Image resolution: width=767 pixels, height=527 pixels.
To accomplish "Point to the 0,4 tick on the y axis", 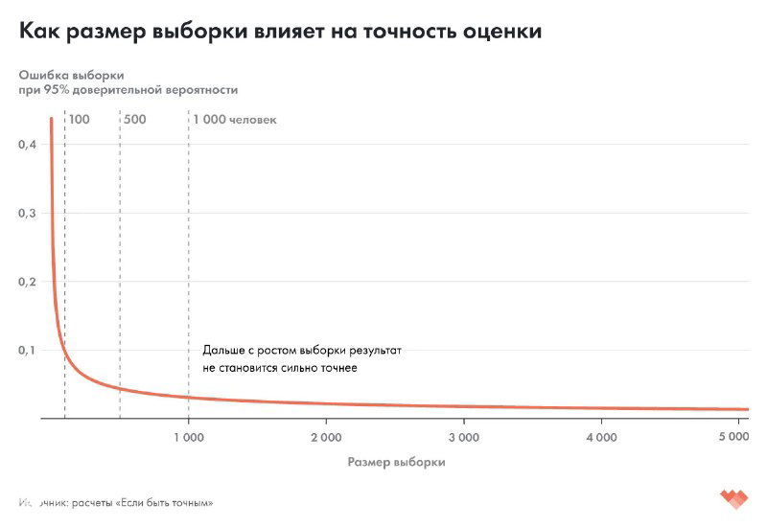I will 28,145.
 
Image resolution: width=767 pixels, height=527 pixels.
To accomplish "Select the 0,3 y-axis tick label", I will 28,214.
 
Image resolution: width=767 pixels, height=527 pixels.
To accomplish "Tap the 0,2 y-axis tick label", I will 28,282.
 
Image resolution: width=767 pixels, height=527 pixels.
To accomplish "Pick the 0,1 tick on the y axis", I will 28,351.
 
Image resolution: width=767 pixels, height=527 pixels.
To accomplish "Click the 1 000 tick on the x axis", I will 188,438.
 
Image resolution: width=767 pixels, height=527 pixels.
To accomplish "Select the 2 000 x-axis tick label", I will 325,438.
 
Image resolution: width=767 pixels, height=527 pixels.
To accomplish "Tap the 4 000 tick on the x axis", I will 600,438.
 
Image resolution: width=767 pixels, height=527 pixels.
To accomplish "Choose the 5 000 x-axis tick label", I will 732,438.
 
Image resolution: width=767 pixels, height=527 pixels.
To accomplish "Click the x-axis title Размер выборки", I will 396,462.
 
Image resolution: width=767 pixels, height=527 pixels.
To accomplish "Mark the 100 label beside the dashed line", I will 80,120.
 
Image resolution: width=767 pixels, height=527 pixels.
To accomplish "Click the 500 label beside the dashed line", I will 134,120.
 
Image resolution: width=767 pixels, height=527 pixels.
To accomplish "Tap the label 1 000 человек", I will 235,120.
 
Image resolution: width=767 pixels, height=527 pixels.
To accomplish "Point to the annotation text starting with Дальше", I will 301,359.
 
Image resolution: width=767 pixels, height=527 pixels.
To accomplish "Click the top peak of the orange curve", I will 51,119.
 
